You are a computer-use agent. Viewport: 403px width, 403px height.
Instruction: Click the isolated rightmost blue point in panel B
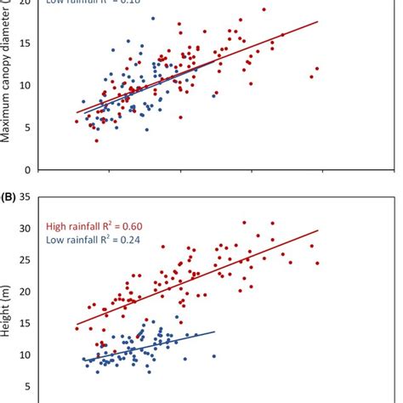pyautogui.click(x=213, y=356)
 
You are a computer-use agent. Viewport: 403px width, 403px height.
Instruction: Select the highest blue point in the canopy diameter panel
pyautogui.click(x=152, y=18)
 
